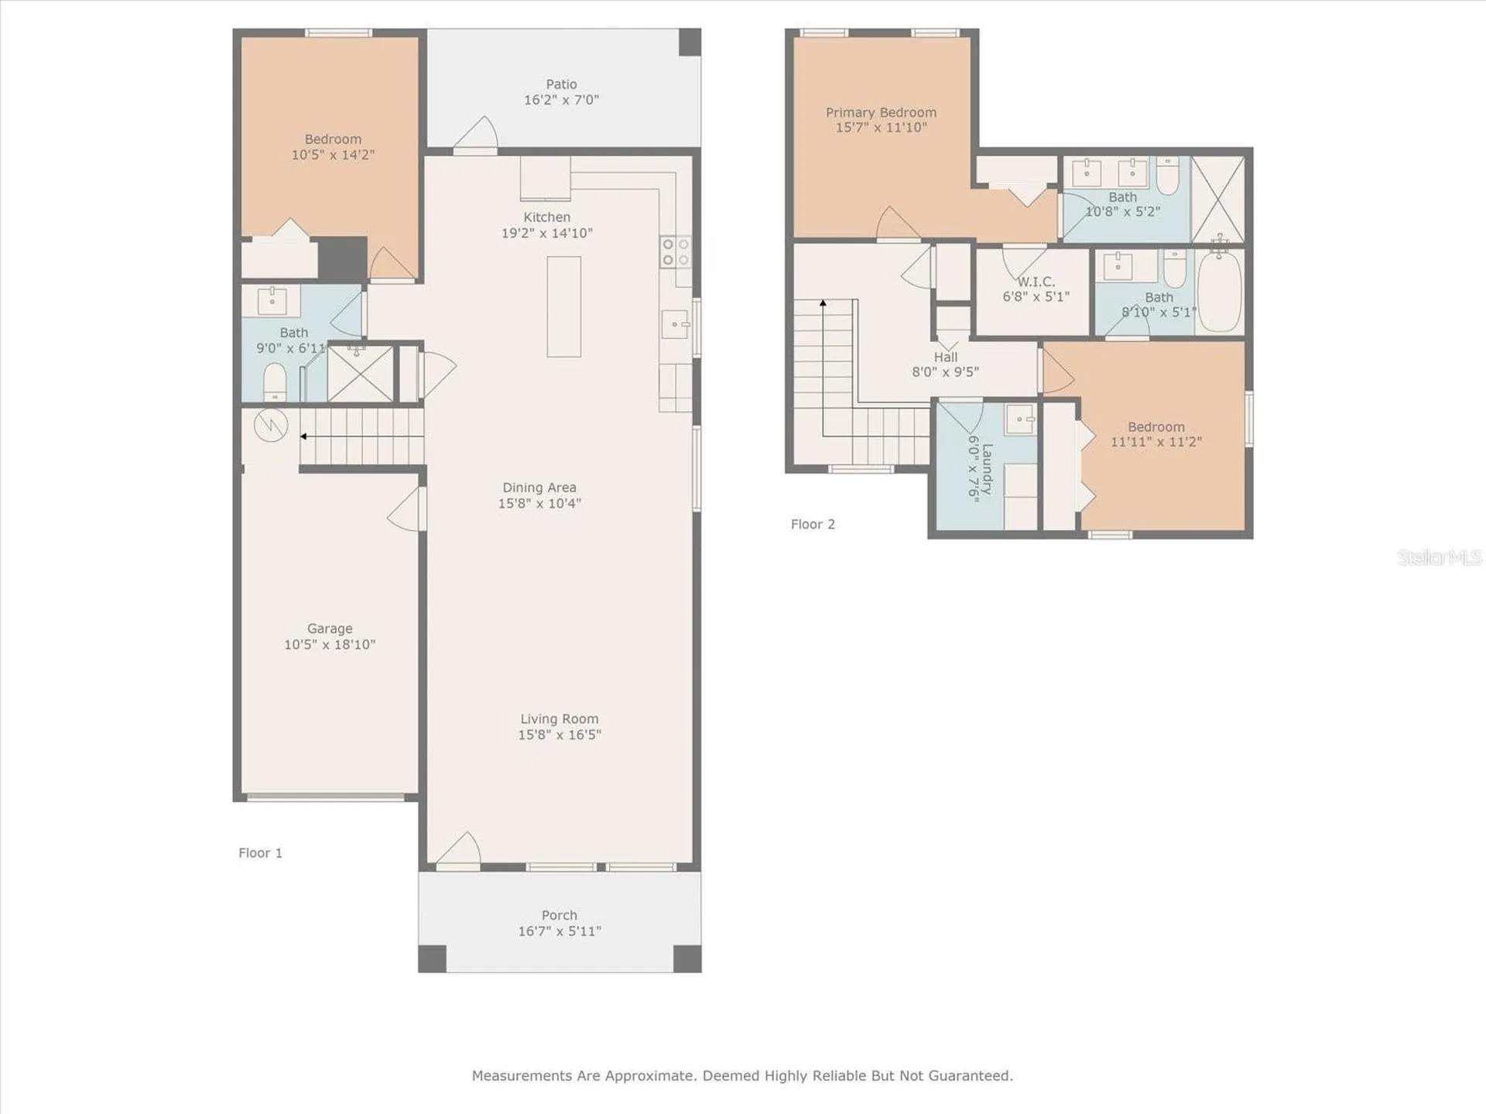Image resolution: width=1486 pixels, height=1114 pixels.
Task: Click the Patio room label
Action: point(561,84)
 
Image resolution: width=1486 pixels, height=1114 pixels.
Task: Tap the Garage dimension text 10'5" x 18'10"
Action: point(330,644)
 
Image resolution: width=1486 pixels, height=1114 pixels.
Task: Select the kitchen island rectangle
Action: point(563,306)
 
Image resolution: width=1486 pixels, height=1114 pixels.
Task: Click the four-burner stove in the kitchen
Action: point(676,252)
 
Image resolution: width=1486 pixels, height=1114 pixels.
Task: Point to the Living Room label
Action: point(559,719)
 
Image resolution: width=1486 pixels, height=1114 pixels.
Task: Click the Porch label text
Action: point(560,915)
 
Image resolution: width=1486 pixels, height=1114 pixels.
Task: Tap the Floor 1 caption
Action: point(260,853)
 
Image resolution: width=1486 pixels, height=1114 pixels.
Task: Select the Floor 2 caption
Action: point(813,524)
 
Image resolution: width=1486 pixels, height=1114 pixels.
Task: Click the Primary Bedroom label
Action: point(881,112)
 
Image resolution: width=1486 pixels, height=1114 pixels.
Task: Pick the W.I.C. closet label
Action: point(1036,282)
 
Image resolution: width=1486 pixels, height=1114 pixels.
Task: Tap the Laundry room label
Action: point(987,469)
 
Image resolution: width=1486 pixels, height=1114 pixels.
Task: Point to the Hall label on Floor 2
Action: point(945,357)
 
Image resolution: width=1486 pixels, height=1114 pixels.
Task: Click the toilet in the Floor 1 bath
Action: point(275,382)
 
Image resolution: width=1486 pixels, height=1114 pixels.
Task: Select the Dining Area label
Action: point(539,487)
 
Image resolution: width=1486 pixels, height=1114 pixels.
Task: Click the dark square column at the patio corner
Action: point(690,42)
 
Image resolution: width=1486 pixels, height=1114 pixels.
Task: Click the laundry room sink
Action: point(1021,419)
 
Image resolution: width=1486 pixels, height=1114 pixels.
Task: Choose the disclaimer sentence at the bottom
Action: point(742,1075)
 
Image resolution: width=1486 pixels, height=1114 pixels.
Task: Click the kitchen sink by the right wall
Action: point(676,324)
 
